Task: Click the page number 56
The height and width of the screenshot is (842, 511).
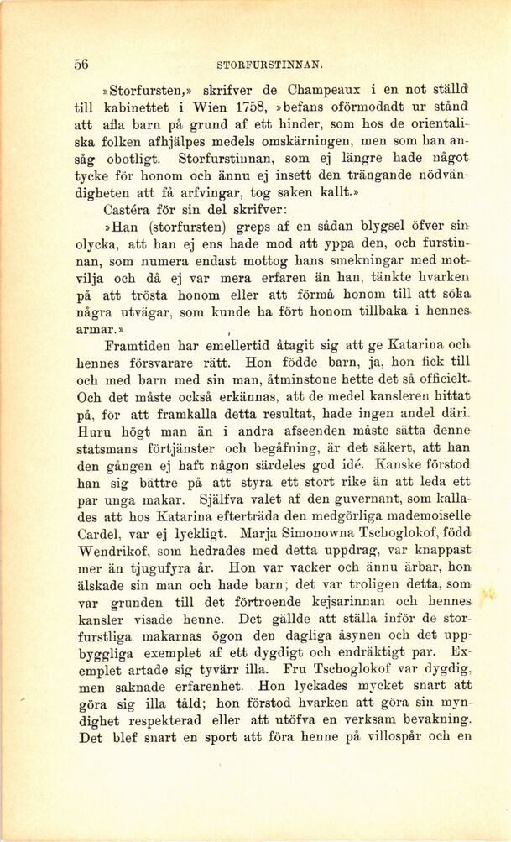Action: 81,64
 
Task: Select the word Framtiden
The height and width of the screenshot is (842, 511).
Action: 143,347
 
